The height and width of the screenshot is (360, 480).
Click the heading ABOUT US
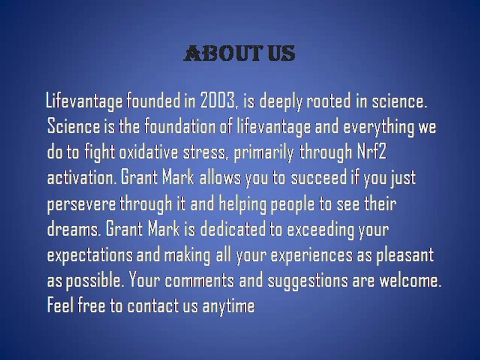point(239,53)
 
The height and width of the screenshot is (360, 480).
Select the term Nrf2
point(371,152)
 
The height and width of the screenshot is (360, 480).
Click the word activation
point(81,178)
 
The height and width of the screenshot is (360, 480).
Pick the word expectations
point(89,255)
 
